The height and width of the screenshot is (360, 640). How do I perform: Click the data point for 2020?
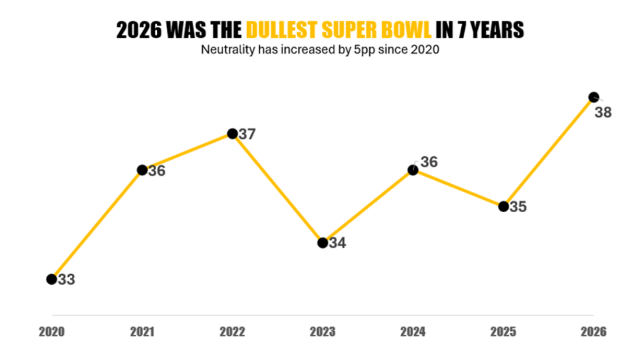(x=51, y=279)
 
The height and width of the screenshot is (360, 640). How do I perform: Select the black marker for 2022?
(x=232, y=133)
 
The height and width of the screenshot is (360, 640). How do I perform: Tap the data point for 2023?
(x=323, y=243)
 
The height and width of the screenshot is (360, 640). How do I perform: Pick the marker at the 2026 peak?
(x=593, y=97)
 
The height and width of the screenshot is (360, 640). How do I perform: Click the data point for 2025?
(x=503, y=206)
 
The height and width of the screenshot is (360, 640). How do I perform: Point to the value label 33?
(x=66, y=279)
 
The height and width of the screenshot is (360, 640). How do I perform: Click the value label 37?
(x=247, y=134)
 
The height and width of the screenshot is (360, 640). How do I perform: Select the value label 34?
(x=337, y=243)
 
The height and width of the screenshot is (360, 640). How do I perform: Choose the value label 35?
(x=517, y=207)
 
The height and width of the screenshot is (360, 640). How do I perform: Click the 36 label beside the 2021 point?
(x=157, y=171)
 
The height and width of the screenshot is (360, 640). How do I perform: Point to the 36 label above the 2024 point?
(x=429, y=162)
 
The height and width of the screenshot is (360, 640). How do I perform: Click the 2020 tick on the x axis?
(x=52, y=331)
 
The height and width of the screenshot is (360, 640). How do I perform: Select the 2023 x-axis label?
(x=323, y=331)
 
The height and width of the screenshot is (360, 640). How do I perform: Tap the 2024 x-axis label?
(x=413, y=331)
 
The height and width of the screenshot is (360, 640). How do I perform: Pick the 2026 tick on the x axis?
(x=594, y=331)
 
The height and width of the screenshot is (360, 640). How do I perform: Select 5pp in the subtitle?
(x=362, y=51)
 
